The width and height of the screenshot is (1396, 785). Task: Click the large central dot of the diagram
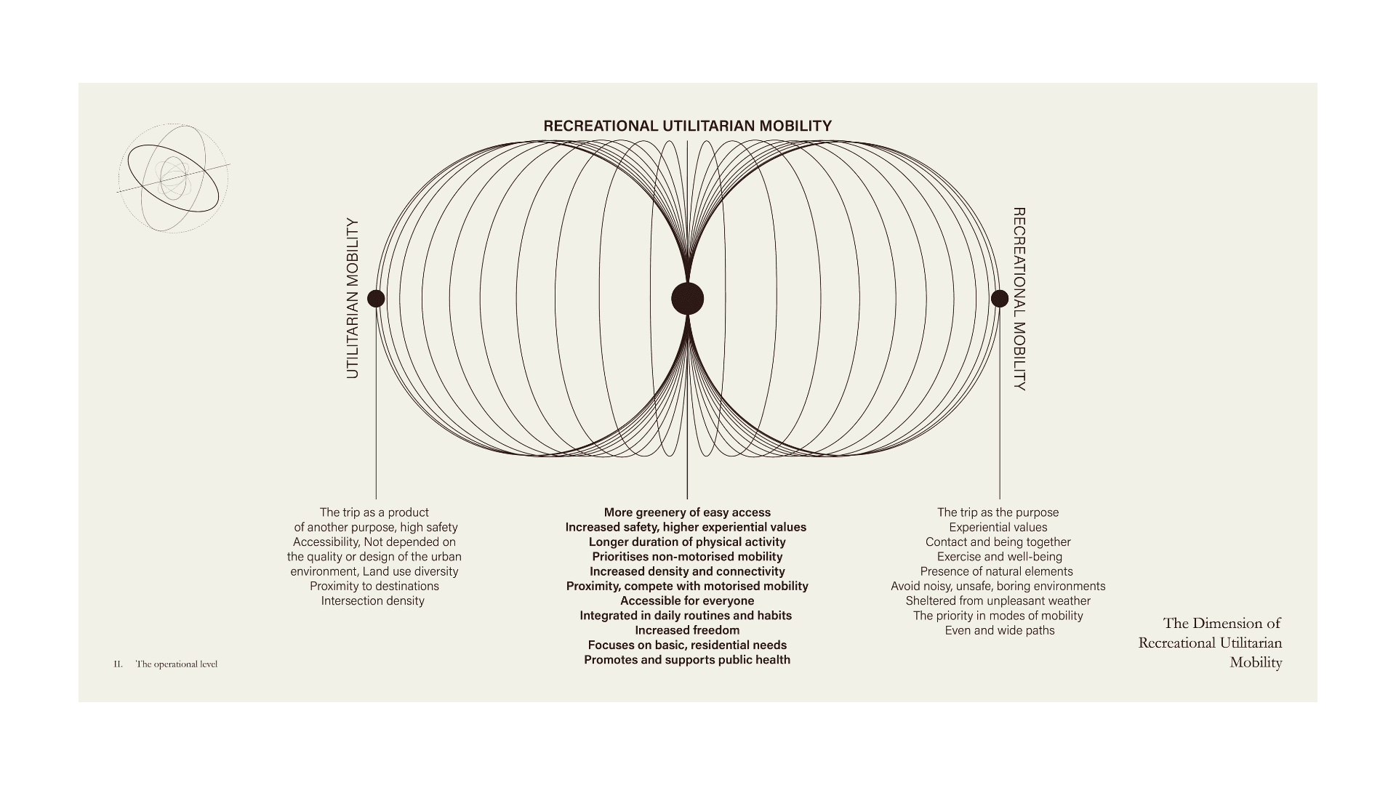click(687, 298)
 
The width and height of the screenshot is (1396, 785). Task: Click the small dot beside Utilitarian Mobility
click(376, 298)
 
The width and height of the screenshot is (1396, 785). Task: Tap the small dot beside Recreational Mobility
click(1000, 298)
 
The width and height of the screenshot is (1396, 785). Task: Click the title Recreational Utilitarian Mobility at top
click(687, 126)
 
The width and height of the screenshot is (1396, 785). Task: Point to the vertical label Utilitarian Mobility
click(353, 298)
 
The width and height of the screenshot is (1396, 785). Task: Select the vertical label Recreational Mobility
click(1019, 299)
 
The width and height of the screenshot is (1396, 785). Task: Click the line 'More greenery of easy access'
click(687, 512)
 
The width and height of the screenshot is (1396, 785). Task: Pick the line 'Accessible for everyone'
click(687, 601)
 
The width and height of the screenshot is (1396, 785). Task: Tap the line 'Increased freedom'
click(687, 630)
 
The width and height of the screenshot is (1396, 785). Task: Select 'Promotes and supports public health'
click(687, 660)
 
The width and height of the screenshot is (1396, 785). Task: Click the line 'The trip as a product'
click(374, 512)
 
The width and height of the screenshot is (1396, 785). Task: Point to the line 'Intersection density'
click(373, 601)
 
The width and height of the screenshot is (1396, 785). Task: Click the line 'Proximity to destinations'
click(374, 586)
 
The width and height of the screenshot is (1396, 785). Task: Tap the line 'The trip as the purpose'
click(998, 512)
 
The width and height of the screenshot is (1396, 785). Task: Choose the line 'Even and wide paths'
click(999, 630)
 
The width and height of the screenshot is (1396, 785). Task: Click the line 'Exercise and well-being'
click(999, 557)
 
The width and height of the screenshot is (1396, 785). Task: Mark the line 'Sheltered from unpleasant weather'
click(998, 601)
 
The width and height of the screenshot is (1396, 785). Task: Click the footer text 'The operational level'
click(177, 664)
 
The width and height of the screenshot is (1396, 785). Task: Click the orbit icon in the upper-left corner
click(173, 177)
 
